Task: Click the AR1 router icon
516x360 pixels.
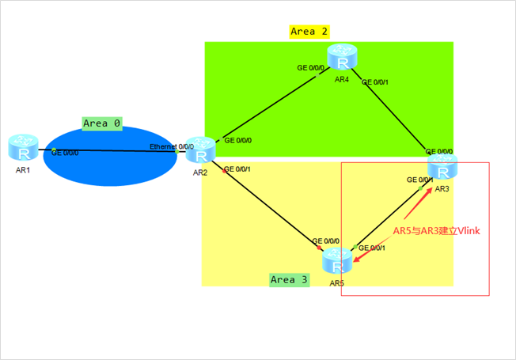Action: (x=23, y=146)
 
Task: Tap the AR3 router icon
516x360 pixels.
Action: (x=442, y=167)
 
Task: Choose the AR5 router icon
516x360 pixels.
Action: (x=337, y=259)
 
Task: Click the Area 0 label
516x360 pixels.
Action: (x=102, y=123)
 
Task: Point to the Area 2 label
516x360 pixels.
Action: (x=309, y=32)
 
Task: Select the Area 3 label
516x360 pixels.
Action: (x=289, y=279)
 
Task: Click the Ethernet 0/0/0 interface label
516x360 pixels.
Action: (x=172, y=146)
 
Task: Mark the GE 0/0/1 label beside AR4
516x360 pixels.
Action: (x=376, y=81)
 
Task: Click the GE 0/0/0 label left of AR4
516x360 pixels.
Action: (x=312, y=68)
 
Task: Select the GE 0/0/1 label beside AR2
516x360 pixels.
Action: (x=238, y=169)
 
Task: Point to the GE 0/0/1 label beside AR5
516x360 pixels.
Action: (x=372, y=248)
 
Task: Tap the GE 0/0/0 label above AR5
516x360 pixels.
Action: (x=325, y=241)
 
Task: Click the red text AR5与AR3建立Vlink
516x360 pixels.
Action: (x=437, y=230)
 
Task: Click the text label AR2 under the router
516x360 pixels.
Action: (x=199, y=172)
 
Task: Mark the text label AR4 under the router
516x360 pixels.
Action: (x=341, y=80)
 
